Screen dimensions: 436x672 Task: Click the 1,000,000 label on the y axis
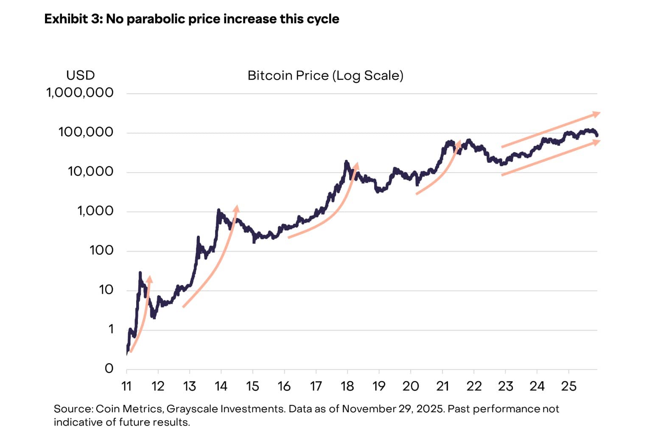coord(80,92)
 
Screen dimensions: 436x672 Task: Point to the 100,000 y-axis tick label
coord(86,132)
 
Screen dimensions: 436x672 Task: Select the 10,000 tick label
coord(90,171)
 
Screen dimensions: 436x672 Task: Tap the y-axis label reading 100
coord(101,250)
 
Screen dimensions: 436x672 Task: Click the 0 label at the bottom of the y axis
coord(109,368)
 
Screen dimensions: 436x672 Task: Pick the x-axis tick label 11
coord(126,386)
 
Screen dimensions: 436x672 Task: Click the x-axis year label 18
coord(347,386)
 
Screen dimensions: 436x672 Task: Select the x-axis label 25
coord(568,386)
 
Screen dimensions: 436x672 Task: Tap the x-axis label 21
coord(442,386)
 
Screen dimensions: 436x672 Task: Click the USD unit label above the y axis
coord(80,75)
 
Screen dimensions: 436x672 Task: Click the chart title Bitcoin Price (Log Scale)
coord(325,75)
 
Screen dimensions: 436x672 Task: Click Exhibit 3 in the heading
coord(71,19)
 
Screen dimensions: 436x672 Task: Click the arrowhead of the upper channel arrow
coord(596,114)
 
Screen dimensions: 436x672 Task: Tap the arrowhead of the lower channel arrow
coord(596,142)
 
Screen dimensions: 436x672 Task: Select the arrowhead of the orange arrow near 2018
coord(356,165)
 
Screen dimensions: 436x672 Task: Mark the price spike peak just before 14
coord(218,210)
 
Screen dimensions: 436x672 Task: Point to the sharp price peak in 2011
coord(140,273)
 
